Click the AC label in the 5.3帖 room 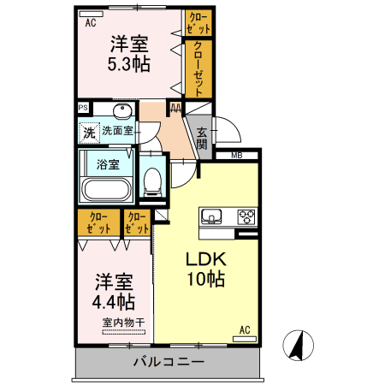[x=90, y=24]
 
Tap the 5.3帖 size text [x=129, y=63]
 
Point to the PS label [x=83, y=108]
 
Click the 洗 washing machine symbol [x=89, y=133]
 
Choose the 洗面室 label [x=117, y=131]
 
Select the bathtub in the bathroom [x=104, y=189]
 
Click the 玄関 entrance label [x=202, y=138]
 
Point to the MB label [x=236, y=155]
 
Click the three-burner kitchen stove [x=246, y=216]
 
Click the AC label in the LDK [x=244, y=329]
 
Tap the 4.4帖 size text [x=114, y=301]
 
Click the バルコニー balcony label [x=169, y=363]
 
